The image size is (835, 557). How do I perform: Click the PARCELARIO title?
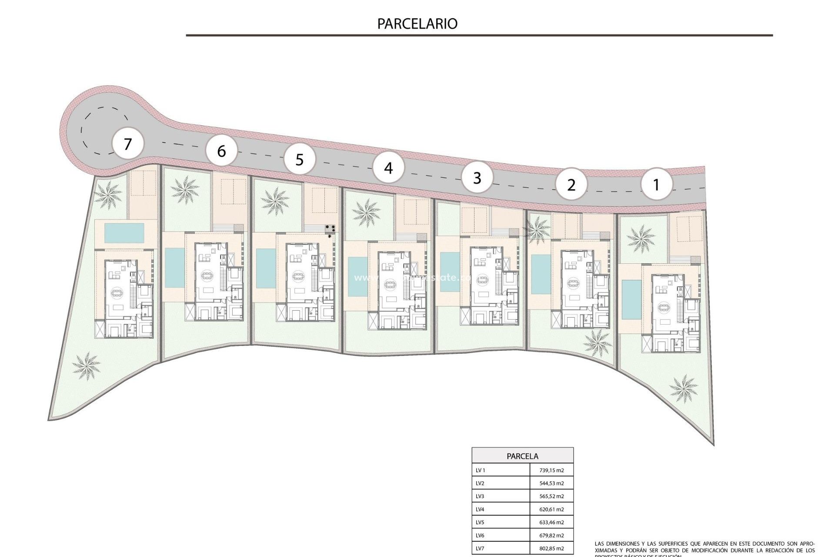[417, 23]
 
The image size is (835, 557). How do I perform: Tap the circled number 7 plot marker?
[127, 144]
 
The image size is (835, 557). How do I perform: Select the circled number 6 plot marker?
[221, 151]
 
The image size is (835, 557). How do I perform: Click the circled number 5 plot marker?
[299, 159]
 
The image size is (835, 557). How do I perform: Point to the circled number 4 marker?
[388, 168]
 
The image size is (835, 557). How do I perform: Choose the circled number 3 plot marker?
[477, 178]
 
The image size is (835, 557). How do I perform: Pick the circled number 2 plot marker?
[571, 185]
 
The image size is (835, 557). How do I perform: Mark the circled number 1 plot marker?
[656, 185]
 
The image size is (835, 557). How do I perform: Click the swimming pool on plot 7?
[124, 233]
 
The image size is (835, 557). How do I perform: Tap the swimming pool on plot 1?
[628, 299]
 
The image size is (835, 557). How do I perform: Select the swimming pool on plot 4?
[358, 277]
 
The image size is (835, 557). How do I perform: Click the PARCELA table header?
[522, 456]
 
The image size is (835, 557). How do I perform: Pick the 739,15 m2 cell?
[551, 470]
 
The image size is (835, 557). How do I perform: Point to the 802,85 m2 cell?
[551, 548]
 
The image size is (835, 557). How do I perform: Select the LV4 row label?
[480, 509]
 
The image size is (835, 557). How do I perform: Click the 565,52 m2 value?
[551, 496]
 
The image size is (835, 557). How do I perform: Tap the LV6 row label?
[480, 535]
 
